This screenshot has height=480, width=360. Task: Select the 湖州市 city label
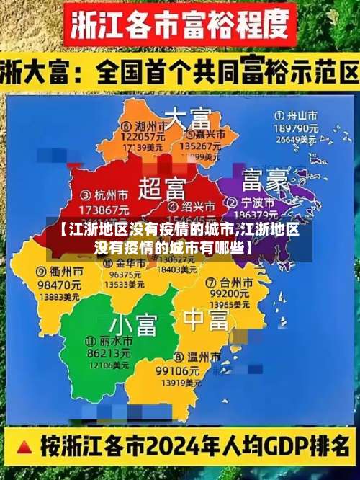[x=144, y=125]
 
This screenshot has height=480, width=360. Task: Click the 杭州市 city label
[x=108, y=195]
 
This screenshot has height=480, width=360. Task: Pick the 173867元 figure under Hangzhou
[x=105, y=208]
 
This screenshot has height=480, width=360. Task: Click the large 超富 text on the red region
[x=162, y=189]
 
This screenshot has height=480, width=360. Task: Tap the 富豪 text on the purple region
[x=266, y=178]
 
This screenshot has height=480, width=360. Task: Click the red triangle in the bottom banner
[x=23, y=445]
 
